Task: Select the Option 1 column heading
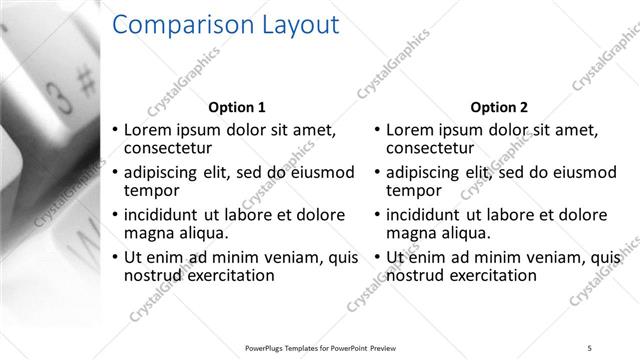[236, 107]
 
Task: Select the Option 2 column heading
[499, 107]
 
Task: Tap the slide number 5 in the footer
[589, 347]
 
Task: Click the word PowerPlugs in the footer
[268, 347]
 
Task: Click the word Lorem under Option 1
[148, 130]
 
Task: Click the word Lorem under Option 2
[411, 130]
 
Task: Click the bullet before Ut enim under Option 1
[115, 257]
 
